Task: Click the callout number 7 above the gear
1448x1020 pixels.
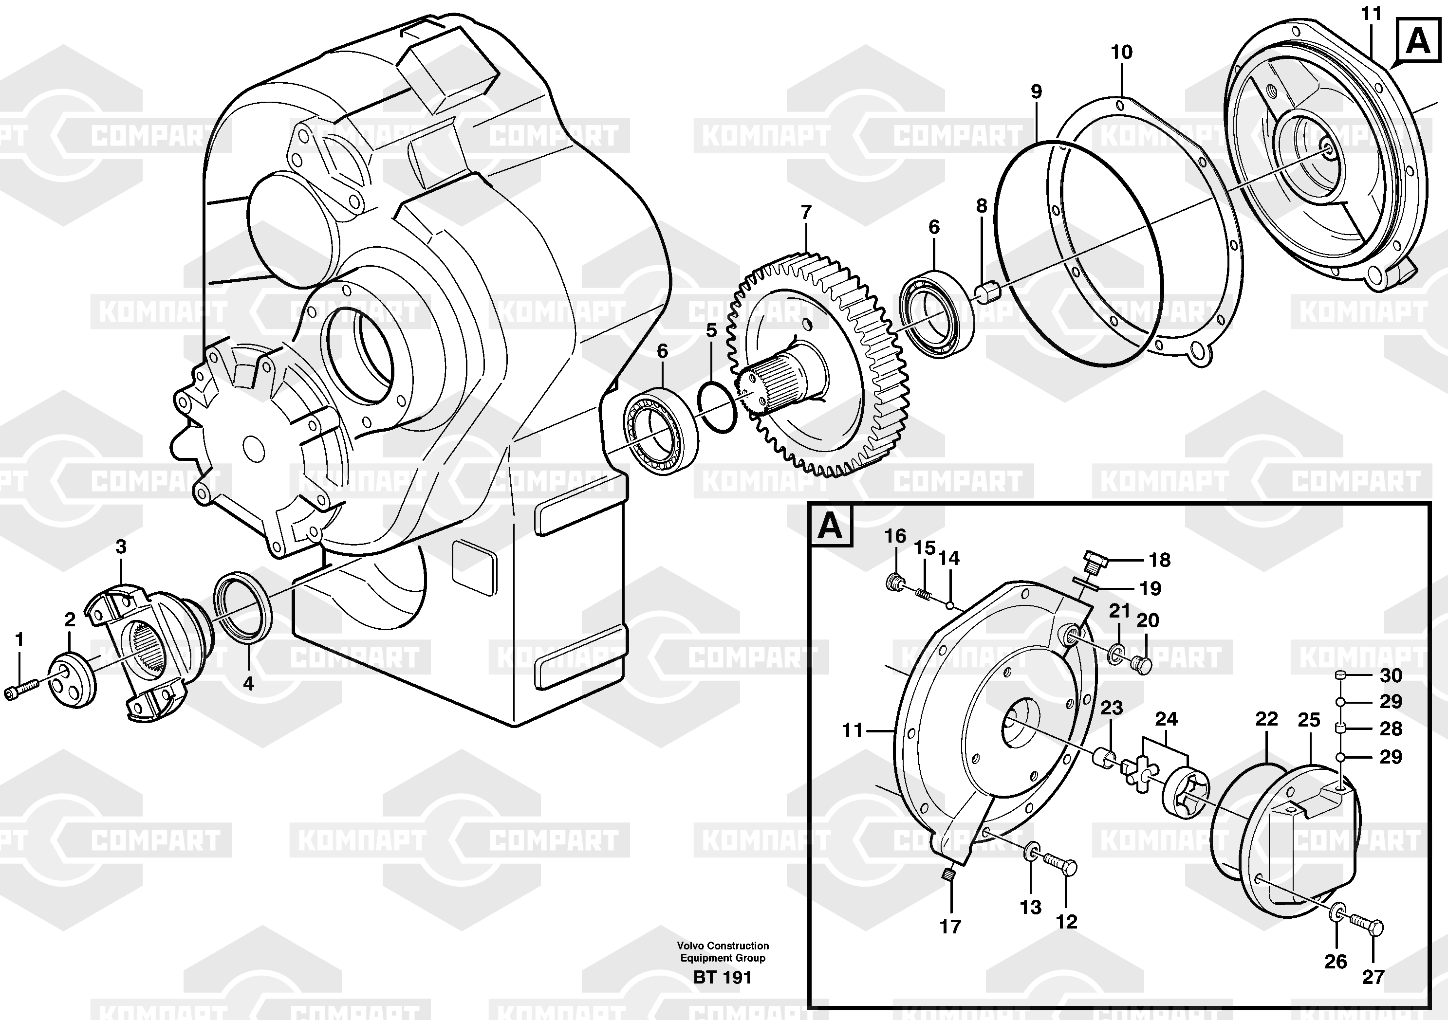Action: click(x=806, y=213)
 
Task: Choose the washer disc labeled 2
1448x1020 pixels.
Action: click(x=73, y=681)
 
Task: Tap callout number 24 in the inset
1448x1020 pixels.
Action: click(x=1166, y=719)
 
